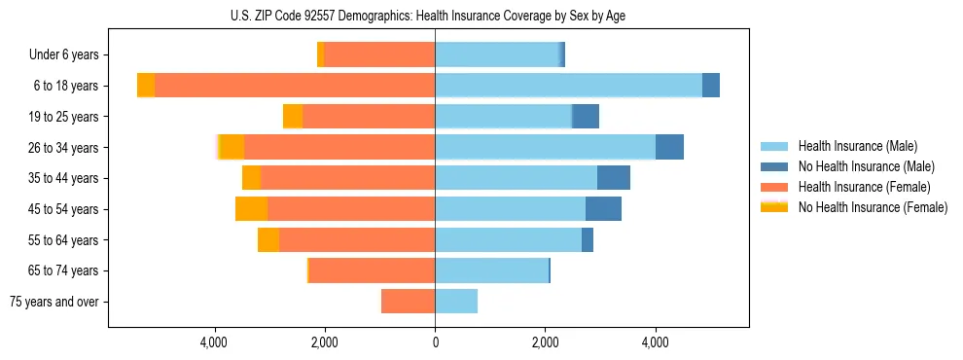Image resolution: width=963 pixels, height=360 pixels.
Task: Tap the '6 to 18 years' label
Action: [x=67, y=86]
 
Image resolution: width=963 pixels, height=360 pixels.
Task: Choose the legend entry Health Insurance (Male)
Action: [x=857, y=146]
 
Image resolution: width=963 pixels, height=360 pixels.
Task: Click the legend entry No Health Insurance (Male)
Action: [x=866, y=166]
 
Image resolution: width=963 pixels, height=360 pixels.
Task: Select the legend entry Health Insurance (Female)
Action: [x=864, y=187]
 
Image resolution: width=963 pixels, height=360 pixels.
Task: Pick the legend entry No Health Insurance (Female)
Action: [x=873, y=207]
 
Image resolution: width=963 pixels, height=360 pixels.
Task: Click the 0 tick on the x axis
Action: [x=435, y=342]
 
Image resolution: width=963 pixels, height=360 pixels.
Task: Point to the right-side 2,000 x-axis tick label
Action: [x=545, y=342]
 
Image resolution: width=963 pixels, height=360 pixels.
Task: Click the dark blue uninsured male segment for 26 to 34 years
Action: [x=669, y=147]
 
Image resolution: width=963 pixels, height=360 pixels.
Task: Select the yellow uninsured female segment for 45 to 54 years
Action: [x=251, y=209]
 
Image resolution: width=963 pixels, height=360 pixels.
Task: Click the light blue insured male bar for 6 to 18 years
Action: [x=568, y=86]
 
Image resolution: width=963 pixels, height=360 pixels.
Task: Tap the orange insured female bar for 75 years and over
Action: [x=409, y=302]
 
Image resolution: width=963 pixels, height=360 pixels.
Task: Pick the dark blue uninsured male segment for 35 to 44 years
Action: [x=613, y=178]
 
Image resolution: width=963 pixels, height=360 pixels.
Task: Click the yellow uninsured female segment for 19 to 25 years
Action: [x=293, y=117]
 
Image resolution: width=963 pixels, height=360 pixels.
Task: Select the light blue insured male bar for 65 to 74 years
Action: [x=491, y=270]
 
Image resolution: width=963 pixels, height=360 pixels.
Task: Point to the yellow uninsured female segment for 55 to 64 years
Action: [x=268, y=240]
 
